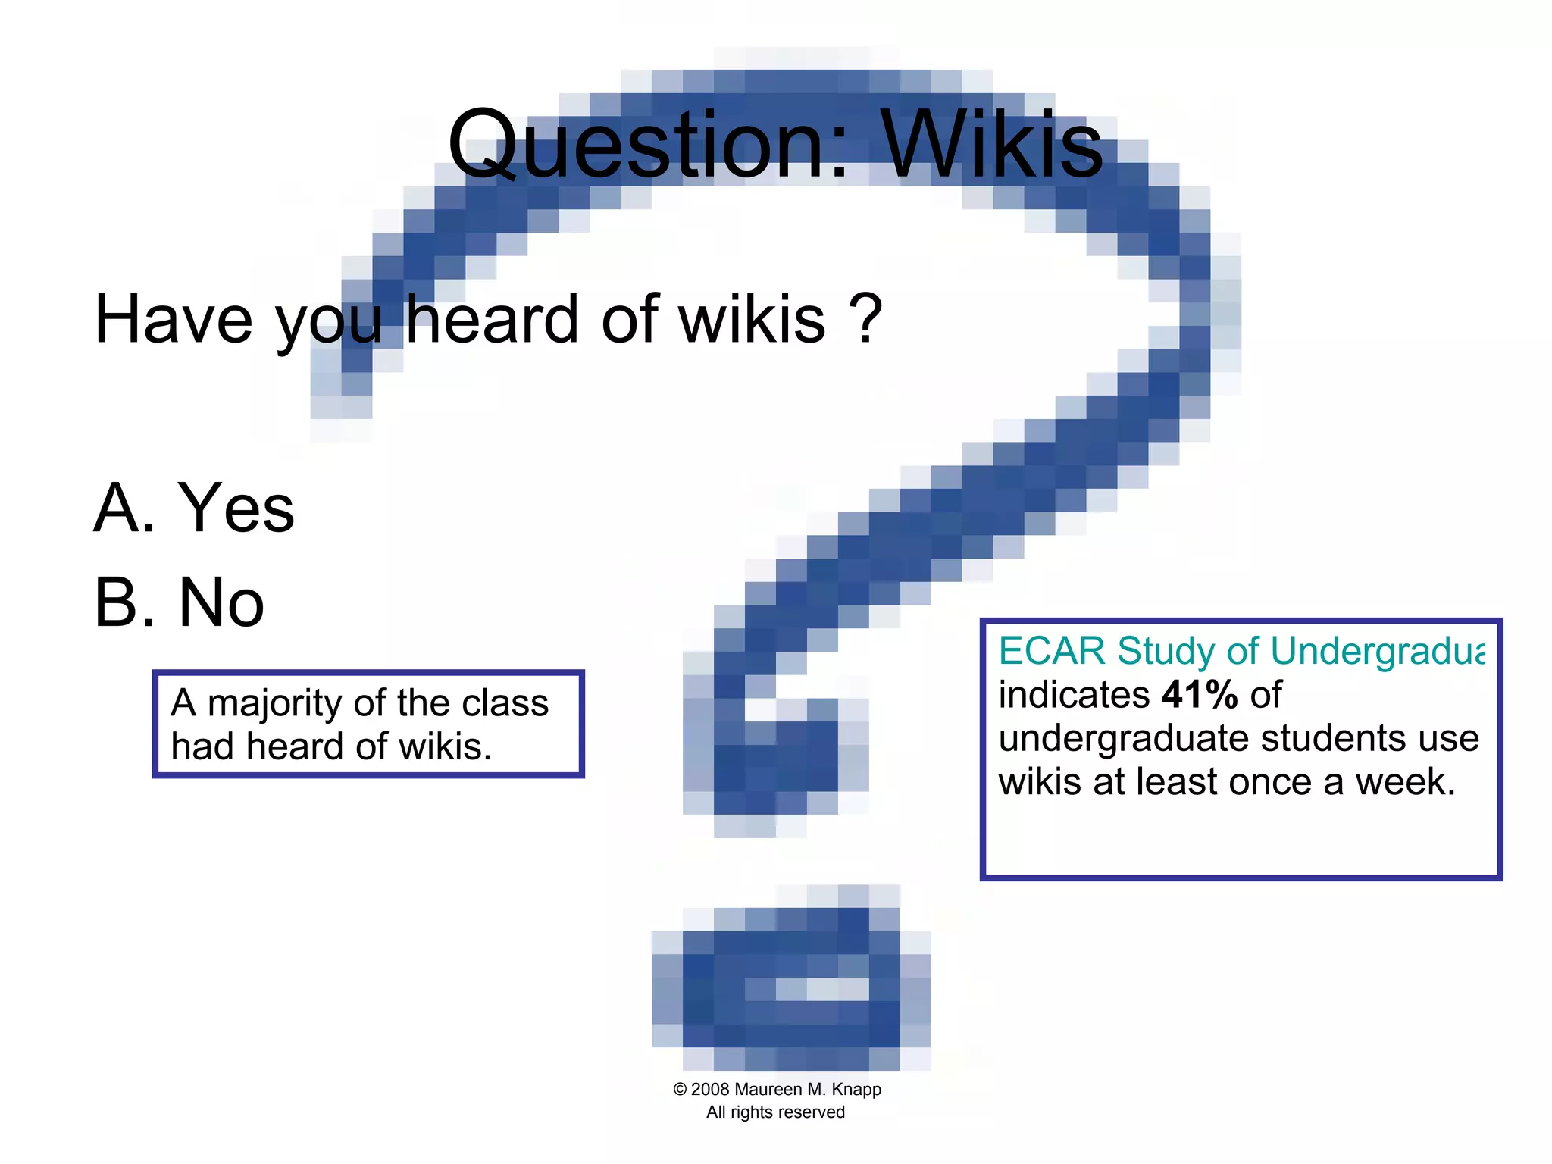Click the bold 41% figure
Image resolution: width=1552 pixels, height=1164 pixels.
pyautogui.click(x=1200, y=694)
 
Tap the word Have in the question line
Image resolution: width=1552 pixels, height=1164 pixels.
pyautogui.click(x=173, y=320)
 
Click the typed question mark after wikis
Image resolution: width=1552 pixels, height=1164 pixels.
pyautogui.click(x=866, y=318)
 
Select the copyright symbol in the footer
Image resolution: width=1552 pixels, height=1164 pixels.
pyautogui.click(x=680, y=1090)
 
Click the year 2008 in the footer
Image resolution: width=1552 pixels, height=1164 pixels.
pyautogui.click(x=711, y=1090)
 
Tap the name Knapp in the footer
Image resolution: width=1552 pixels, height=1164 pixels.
pyautogui.click(x=856, y=1090)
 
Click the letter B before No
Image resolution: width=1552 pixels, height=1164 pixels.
pyautogui.click(x=118, y=602)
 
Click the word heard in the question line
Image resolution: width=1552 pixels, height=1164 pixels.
pyautogui.click(x=493, y=320)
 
